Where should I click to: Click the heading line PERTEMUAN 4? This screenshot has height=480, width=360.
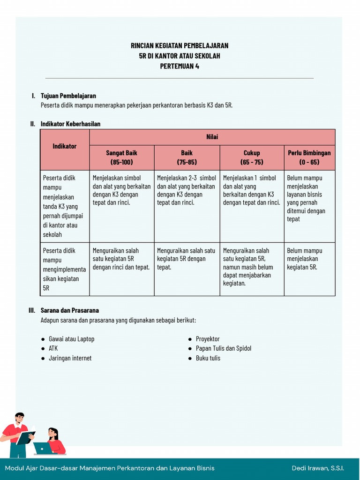pyautogui.click(x=180, y=66)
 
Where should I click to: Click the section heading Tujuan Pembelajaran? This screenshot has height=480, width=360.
pyautogui.click(x=68, y=96)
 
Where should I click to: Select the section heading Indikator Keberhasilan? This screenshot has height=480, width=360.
pyautogui.click(x=70, y=124)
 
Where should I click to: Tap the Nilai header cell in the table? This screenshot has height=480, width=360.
pyautogui.click(x=212, y=137)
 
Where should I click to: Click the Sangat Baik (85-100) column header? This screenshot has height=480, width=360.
pyautogui.click(x=121, y=157)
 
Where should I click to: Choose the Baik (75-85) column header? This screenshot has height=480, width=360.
pyautogui.click(x=187, y=157)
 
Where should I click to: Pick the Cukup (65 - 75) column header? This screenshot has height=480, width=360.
pyautogui.click(x=252, y=157)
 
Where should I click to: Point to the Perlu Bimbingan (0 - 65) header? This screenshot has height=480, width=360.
pyautogui.click(x=309, y=157)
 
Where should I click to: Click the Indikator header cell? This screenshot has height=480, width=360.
pyautogui.click(x=65, y=146)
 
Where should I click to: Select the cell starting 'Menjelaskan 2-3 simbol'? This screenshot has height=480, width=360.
pyautogui.click(x=187, y=190)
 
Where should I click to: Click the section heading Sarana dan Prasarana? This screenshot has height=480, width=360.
pyautogui.click(x=69, y=310)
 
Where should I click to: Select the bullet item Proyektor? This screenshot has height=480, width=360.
pyautogui.click(x=208, y=339)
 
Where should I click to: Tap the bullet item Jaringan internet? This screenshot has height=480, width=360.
pyautogui.click(x=70, y=358)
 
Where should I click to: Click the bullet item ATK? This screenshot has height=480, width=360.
pyautogui.click(x=53, y=348)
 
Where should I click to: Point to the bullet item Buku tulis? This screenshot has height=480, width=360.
pyautogui.click(x=208, y=358)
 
